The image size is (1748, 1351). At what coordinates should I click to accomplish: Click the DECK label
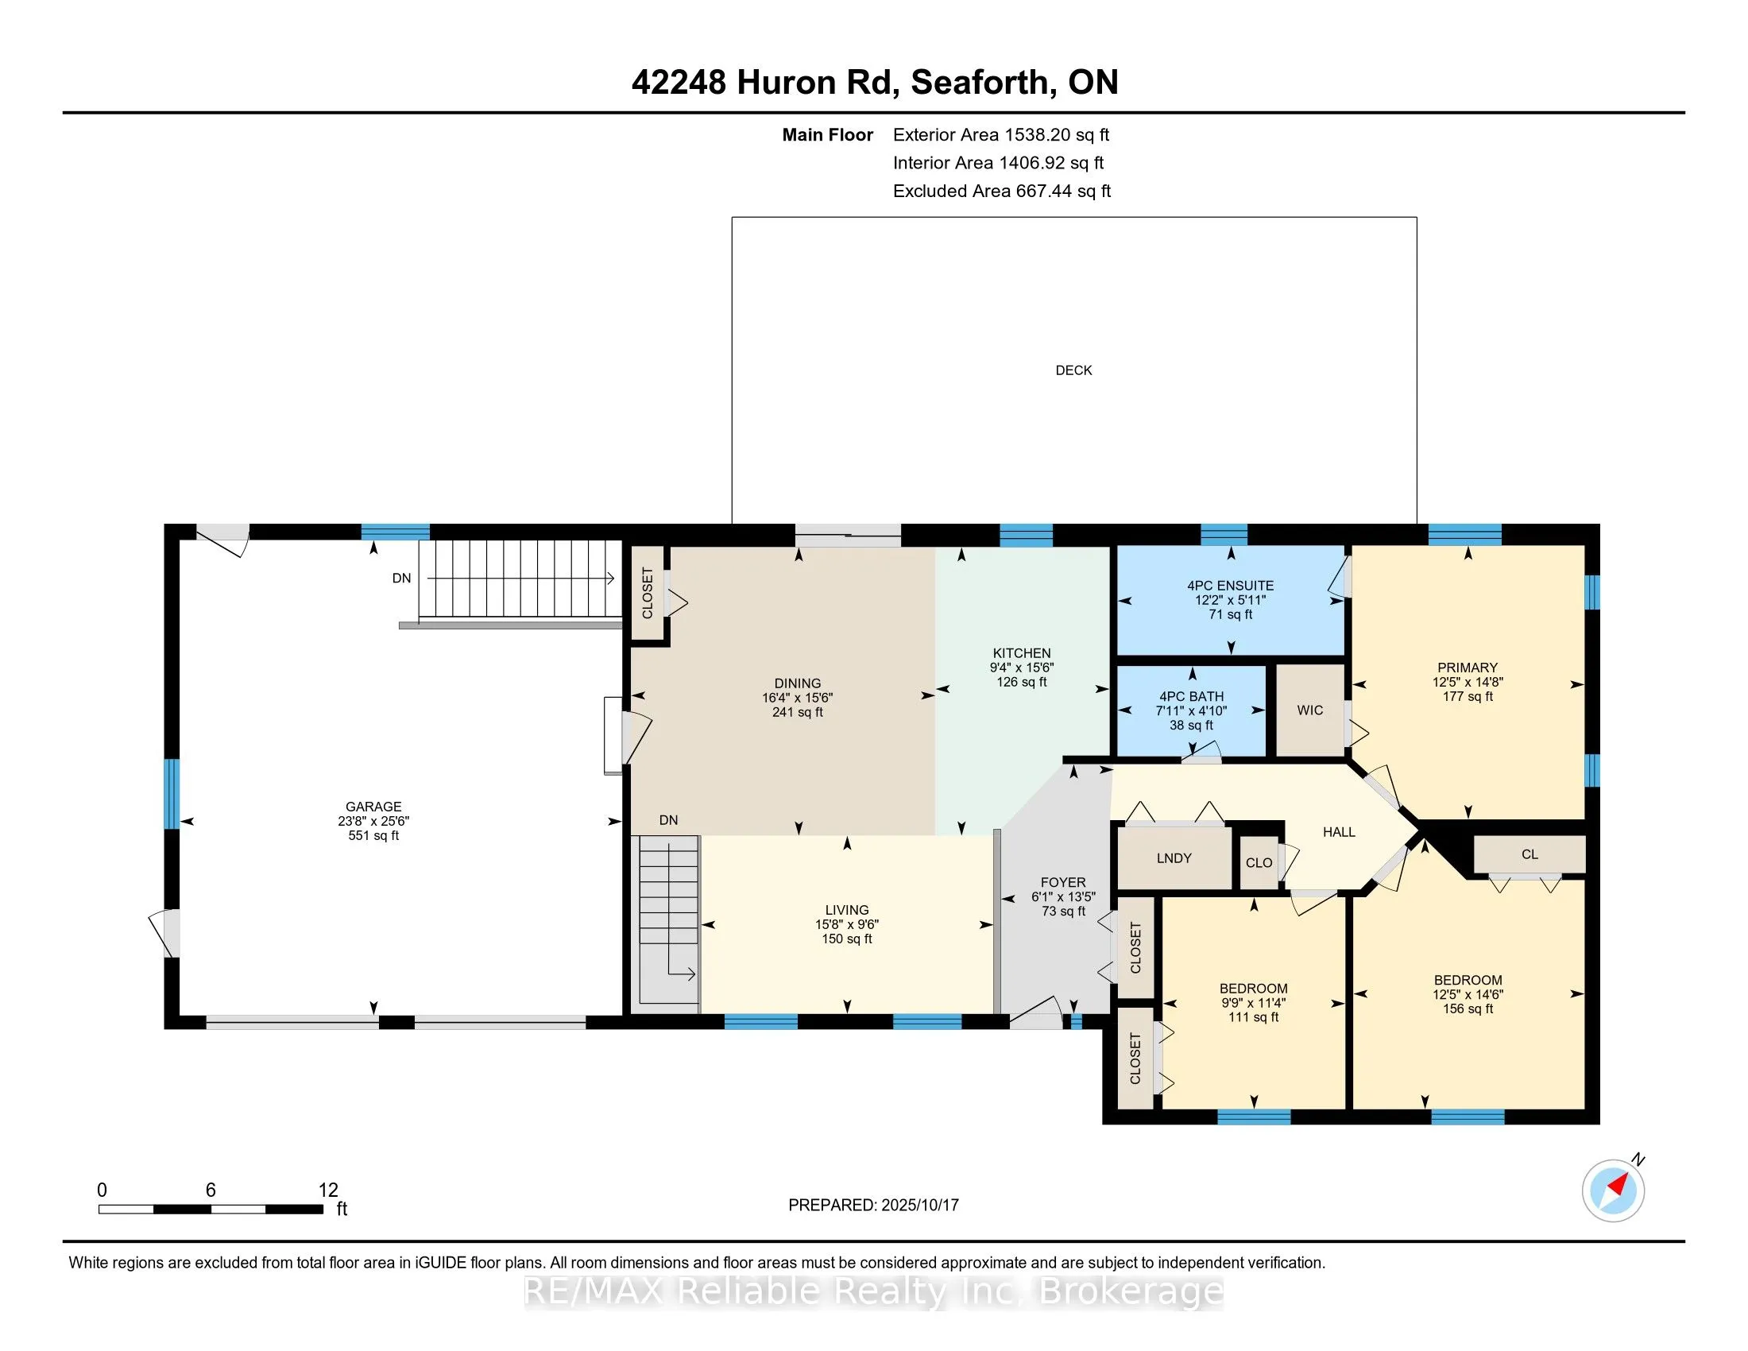(x=1073, y=370)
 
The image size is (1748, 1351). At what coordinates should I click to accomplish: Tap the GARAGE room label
(x=373, y=807)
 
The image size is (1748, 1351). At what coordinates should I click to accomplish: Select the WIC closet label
(x=1310, y=710)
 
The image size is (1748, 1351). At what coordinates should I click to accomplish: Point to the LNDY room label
(x=1174, y=858)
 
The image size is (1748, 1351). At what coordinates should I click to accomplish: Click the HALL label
(x=1339, y=832)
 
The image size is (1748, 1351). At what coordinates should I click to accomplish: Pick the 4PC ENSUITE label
(x=1230, y=586)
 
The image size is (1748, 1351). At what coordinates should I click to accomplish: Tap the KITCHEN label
(x=1022, y=653)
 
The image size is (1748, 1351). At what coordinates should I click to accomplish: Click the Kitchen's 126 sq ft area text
(x=1022, y=682)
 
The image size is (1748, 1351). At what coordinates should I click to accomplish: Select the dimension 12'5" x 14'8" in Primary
(x=1468, y=682)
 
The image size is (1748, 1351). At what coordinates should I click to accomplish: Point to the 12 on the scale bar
(x=328, y=1190)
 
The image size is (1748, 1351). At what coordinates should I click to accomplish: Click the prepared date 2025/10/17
(x=919, y=1206)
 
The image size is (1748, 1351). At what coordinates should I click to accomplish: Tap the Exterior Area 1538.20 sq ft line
(x=1001, y=135)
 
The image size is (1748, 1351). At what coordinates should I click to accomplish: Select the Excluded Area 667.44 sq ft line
(x=1002, y=192)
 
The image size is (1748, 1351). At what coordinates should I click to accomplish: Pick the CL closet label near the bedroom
(x=1529, y=855)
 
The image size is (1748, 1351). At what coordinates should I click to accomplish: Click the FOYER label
(x=1063, y=882)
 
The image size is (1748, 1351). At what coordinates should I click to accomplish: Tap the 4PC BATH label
(x=1192, y=697)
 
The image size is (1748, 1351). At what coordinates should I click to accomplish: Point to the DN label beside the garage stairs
(x=401, y=579)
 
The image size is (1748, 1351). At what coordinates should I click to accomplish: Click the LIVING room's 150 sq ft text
(x=847, y=939)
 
